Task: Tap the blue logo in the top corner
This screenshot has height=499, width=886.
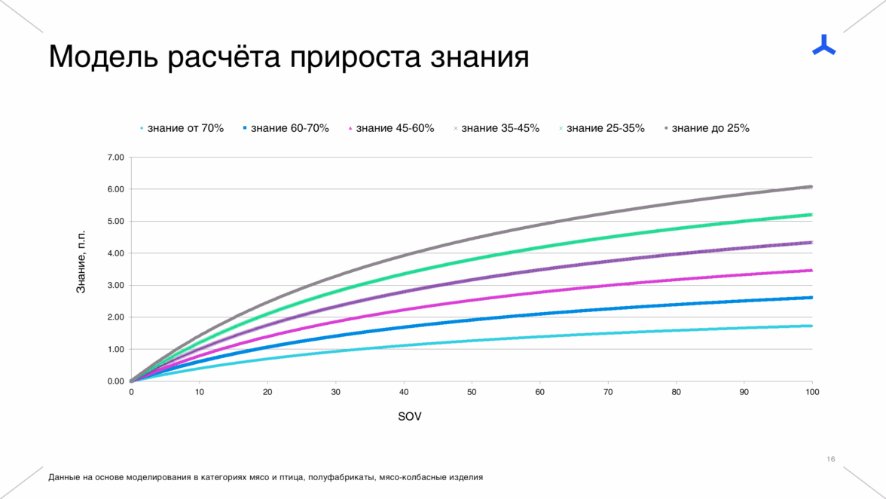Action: pyautogui.click(x=823, y=45)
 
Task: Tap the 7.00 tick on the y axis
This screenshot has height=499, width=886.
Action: pyautogui.click(x=115, y=158)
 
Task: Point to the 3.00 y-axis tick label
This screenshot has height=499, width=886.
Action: pyautogui.click(x=115, y=285)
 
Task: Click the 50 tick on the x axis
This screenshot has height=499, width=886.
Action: pyautogui.click(x=472, y=392)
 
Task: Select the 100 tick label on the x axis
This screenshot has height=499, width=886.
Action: pyautogui.click(x=812, y=392)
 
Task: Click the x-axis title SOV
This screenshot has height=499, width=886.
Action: pyautogui.click(x=410, y=417)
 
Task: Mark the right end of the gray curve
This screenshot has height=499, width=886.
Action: pyautogui.click(x=811, y=186)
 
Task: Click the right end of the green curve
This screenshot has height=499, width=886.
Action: pyautogui.click(x=811, y=215)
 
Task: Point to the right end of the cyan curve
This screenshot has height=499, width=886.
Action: pyautogui.click(x=811, y=326)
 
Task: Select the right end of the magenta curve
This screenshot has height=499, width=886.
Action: pyautogui.click(x=811, y=270)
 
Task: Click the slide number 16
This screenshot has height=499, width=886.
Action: pyautogui.click(x=831, y=459)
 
